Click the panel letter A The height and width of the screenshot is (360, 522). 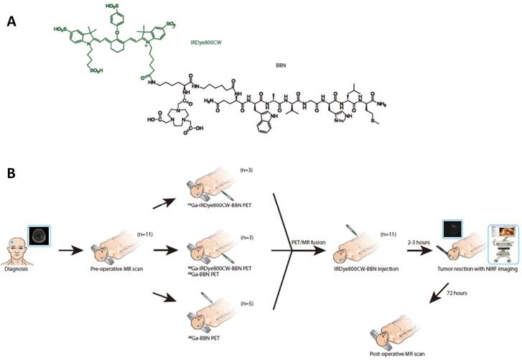[11, 22]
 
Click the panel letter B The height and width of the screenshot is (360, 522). [11, 175]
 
